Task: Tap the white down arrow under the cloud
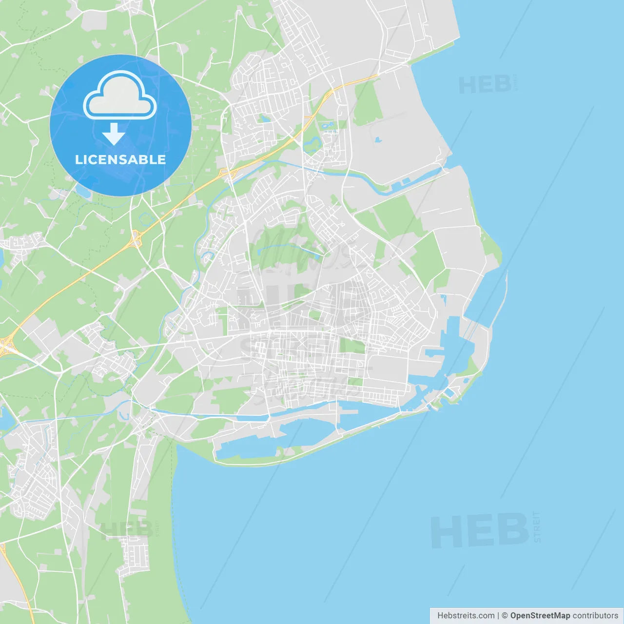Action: [114, 134]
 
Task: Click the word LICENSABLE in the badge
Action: [120, 159]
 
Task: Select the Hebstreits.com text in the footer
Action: [466, 616]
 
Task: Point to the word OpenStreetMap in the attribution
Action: [540, 616]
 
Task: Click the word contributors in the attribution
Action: [595, 616]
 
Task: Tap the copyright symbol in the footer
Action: [505, 616]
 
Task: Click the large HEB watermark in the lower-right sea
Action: [480, 531]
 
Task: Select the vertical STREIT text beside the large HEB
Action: [537, 527]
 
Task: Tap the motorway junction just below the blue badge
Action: [136, 238]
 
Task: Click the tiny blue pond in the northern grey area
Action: [377, 140]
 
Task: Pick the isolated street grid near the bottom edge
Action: [133, 553]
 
